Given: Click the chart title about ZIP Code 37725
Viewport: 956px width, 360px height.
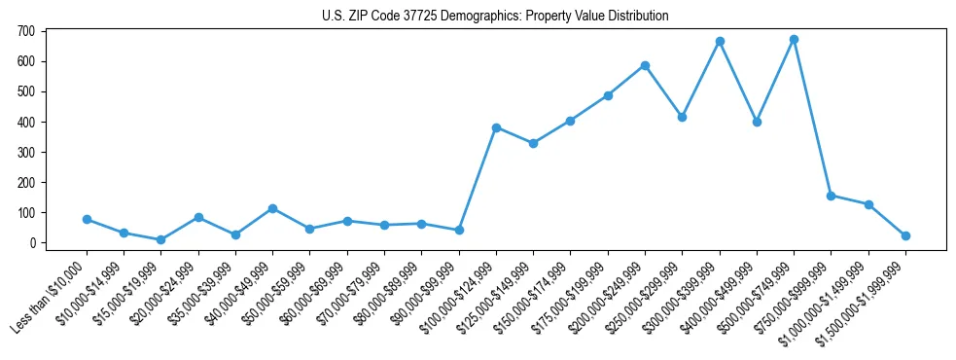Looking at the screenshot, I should click(x=495, y=17).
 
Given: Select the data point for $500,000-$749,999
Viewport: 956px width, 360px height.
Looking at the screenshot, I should click(x=794, y=40).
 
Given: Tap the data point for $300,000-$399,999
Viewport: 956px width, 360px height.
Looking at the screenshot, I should click(x=720, y=42).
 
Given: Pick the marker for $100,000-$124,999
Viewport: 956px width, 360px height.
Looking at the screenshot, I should click(x=496, y=127).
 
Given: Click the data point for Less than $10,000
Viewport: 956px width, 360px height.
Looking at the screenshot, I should click(x=87, y=220).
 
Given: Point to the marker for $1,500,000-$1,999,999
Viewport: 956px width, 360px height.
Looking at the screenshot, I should click(x=905, y=235).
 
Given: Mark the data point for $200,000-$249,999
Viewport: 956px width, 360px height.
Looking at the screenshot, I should click(x=645, y=65).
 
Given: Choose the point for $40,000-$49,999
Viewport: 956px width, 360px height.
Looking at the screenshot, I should click(x=272, y=208).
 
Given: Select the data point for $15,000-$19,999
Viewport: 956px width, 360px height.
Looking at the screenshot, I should click(x=160, y=239).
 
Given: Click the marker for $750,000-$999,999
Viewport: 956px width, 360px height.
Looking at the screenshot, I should click(x=831, y=196).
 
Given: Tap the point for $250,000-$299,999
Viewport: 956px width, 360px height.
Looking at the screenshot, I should click(x=683, y=117).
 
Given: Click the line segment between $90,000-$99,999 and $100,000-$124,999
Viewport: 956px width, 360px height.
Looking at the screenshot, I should click(x=478, y=179).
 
